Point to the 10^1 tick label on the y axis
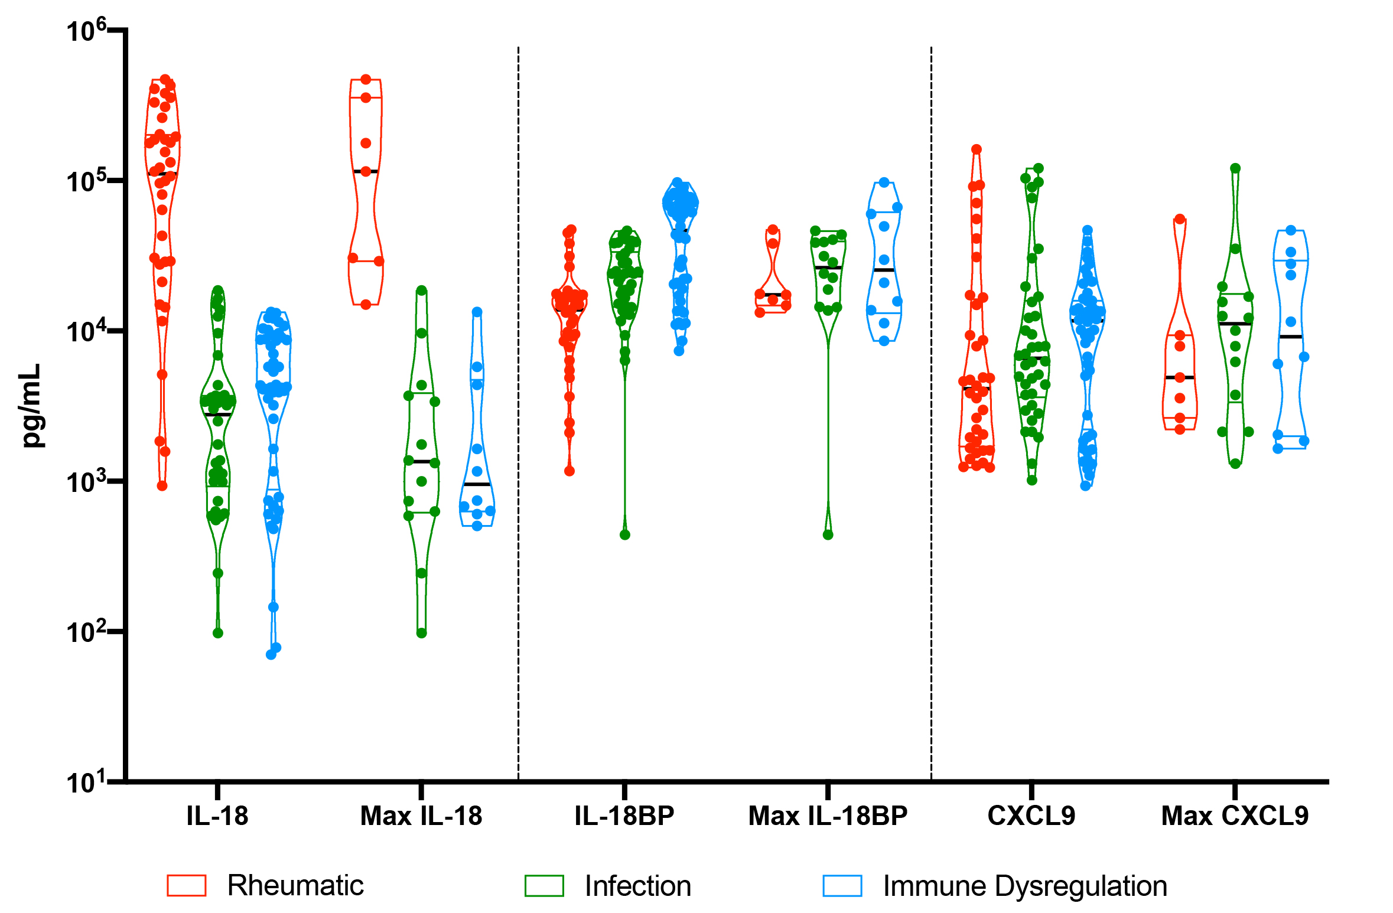(86, 782)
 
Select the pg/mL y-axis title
(31, 405)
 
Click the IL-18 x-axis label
(217, 816)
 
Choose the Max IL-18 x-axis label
(421, 816)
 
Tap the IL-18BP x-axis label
(624, 816)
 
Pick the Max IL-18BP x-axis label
(828, 816)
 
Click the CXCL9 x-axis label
(1031, 816)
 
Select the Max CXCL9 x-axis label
(1235, 816)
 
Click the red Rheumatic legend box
(187, 886)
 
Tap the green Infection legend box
(544, 886)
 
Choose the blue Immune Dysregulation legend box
(842, 886)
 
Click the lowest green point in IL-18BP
(625, 535)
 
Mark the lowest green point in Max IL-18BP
(828, 535)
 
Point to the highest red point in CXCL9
(977, 149)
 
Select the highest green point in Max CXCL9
(1235, 168)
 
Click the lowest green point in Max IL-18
(422, 633)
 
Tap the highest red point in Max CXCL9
(1180, 219)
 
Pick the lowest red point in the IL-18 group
(162, 486)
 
